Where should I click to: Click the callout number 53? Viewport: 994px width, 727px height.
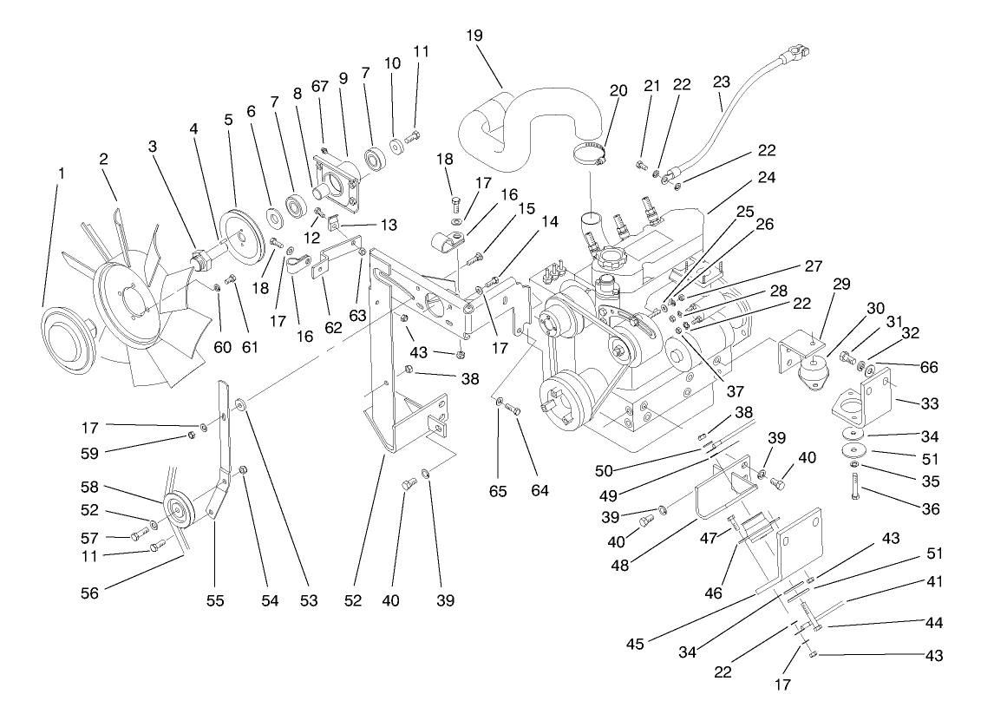click(310, 601)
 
